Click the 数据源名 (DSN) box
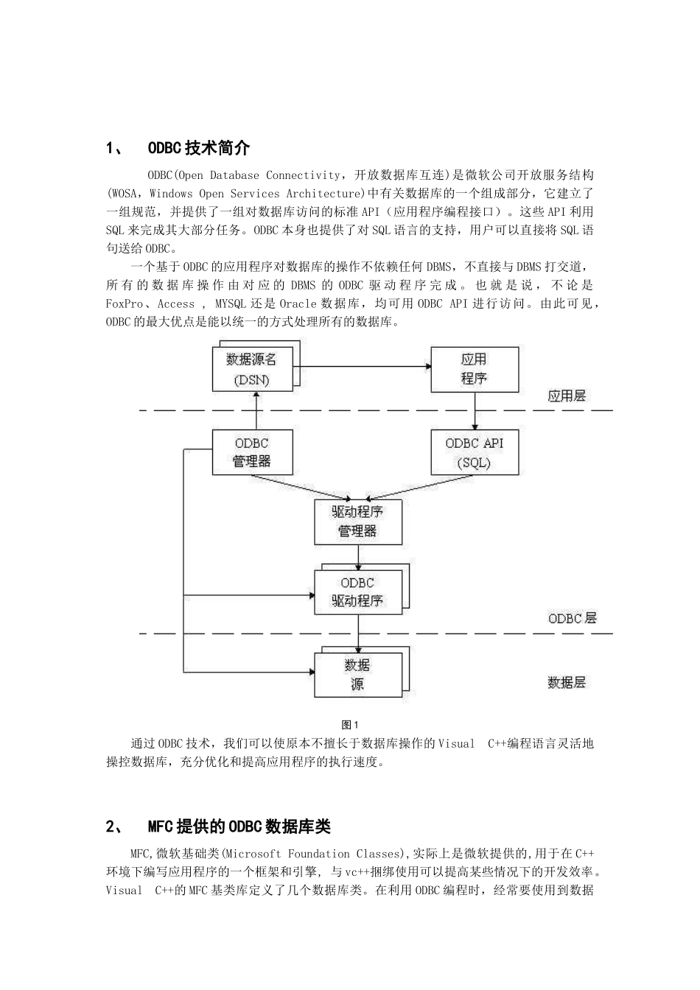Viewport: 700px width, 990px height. [x=252, y=369]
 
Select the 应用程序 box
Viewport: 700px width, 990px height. [x=474, y=369]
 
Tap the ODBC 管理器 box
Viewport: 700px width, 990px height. [x=252, y=452]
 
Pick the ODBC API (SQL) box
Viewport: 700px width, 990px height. [x=474, y=452]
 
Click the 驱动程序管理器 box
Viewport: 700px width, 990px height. [x=358, y=522]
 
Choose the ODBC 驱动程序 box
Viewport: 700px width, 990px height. [x=358, y=591]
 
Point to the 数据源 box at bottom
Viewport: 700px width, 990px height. [x=358, y=674]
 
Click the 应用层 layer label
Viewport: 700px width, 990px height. [x=566, y=396]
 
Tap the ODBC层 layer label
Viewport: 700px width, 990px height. [x=572, y=619]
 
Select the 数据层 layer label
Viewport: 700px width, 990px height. [x=566, y=683]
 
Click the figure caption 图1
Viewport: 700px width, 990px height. [x=349, y=725]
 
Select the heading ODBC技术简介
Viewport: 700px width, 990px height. [x=199, y=148]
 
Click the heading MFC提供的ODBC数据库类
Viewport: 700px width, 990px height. [x=239, y=826]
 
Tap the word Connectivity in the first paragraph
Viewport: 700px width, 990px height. [x=303, y=175]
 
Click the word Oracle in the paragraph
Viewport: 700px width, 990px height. [x=297, y=303]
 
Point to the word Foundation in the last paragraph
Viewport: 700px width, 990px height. [x=319, y=854]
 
